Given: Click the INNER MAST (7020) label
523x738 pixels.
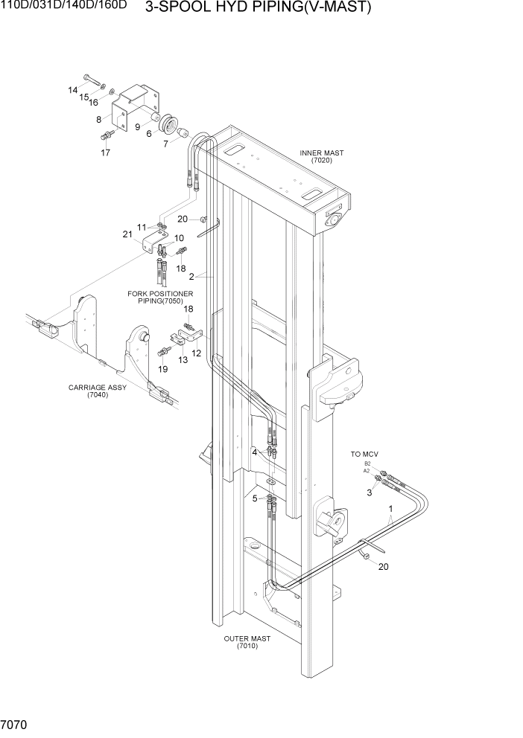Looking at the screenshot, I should (321, 156).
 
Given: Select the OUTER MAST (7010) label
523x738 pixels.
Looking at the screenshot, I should (247, 642).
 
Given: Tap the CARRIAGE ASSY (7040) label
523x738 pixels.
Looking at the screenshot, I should (97, 391).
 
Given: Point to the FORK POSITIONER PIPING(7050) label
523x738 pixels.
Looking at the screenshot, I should (160, 297).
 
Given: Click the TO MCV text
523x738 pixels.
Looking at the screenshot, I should (365, 453).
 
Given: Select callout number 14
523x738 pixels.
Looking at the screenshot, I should (73, 90).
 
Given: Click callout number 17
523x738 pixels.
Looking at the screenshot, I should (106, 153).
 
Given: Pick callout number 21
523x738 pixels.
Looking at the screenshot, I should (127, 234).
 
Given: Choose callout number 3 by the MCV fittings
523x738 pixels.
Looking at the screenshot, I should (369, 492).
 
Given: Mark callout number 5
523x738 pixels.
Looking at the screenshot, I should (254, 498).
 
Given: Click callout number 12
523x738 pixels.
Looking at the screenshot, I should (197, 353).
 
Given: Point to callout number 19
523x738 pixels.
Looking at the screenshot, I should (163, 369).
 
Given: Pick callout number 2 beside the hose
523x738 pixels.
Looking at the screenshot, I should (191, 276).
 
